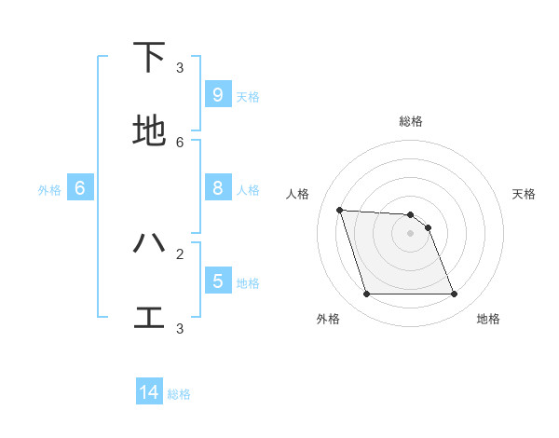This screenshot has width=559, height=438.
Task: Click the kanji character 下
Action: pos(149,58)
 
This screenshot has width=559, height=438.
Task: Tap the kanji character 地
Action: pos(149,131)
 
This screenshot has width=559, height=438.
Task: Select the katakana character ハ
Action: pos(149,243)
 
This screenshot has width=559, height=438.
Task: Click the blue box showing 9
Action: pos(217,94)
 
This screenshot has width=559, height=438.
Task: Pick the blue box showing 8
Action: pos(217,188)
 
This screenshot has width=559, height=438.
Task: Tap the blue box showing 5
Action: pos(217,281)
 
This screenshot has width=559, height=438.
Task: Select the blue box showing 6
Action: pos(80,188)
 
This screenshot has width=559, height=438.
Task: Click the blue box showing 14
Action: pos(149,392)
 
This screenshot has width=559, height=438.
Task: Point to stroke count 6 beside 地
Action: pos(180,142)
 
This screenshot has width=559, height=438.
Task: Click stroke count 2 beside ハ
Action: pos(180,253)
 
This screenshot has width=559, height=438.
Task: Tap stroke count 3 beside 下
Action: pos(180,67)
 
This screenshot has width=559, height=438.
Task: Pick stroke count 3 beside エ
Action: pos(180,328)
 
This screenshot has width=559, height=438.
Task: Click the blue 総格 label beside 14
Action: pos(179,394)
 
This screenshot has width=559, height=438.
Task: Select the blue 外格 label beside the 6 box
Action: pos(49,190)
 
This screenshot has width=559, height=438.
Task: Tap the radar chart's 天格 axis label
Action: pos(524,194)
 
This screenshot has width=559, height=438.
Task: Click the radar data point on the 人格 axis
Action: pos(339,210)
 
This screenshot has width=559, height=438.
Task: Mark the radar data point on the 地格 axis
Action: pos(454,294)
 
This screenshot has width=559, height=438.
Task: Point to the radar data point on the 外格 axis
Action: pos(366,294)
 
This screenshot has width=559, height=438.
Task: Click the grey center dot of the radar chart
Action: pos(410,234)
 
